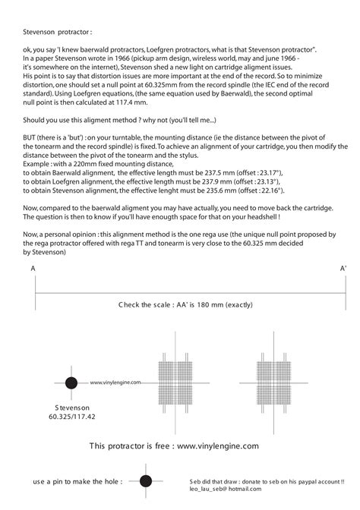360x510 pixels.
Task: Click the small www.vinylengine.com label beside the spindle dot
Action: tap(115, 383)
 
